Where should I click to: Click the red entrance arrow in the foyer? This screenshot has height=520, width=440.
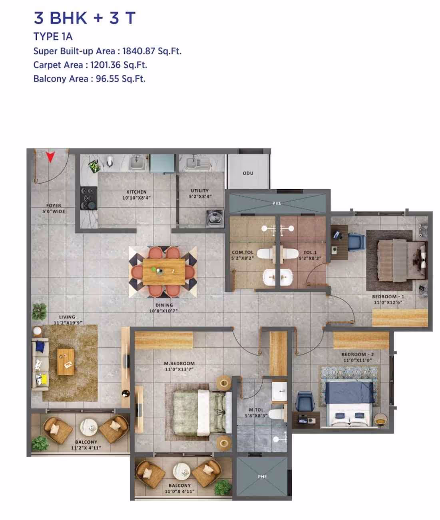(x=50, y=157)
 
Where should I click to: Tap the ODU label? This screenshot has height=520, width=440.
(x=248, y=173)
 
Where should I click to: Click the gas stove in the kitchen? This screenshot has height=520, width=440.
(x=88, y=198)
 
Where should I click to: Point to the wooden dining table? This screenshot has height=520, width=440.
(x=164, y=271)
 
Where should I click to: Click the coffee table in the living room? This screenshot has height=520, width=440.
(x=66, y=361)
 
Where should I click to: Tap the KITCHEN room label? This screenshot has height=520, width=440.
(x=136, y=192)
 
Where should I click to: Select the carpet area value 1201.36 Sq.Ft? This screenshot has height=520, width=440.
(x=118, y=65)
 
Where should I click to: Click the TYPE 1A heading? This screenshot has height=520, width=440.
(x=53, y=36)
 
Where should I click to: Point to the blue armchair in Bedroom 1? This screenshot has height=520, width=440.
(x=356, y=242)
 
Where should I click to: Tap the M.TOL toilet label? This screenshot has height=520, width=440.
(x=256, y=410)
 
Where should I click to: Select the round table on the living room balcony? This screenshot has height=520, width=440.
(x=88, y=428)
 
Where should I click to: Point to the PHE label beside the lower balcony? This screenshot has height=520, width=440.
(x=262, y=476)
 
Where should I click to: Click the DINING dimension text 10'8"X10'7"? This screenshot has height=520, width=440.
(x=163, y=311)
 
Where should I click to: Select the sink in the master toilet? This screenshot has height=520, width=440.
(x=280, y=390)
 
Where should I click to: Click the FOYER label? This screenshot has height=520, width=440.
(x=54, y=206)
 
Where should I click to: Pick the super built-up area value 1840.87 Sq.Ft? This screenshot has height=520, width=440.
(x=151, y=51)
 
